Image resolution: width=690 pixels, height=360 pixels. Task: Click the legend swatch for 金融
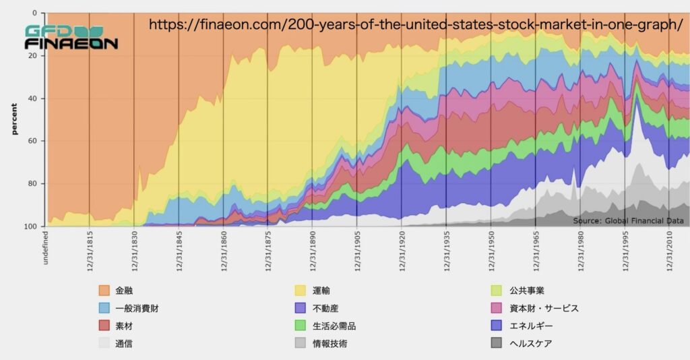click(104, 291)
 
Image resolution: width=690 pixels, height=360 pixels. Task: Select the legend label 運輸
click(321, 291)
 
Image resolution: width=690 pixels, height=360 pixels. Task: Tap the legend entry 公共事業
click(526, 291)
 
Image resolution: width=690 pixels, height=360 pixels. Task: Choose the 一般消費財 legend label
click(137, 308)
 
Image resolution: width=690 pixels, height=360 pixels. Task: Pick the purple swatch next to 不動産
click(301, 308)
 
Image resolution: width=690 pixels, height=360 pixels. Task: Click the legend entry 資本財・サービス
click(544, 308)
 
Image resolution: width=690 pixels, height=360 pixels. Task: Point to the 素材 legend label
click(123, 326)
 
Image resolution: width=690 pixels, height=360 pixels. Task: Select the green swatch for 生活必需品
click(301, 326)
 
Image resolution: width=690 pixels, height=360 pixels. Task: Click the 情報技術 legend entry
click(330, 343)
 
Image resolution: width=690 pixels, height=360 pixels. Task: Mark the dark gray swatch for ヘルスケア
click(497, 343)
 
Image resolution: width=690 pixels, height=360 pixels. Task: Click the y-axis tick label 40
click(33, 98)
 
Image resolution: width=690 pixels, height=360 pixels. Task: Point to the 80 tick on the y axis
click(33, 183)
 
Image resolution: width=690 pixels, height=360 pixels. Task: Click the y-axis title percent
click(13, 119)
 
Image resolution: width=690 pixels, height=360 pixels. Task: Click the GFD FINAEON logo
click(71, 38)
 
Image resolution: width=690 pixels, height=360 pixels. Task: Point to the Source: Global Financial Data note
click(628, 220)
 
